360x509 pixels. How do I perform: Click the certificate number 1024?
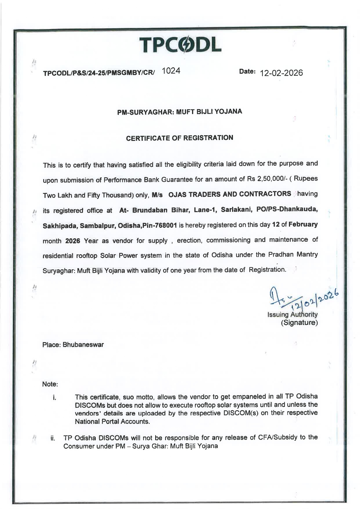[x=171, y=71]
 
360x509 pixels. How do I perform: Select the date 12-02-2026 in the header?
[x=281, y=73]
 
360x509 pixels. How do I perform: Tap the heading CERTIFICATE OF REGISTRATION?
[x=180, y=138]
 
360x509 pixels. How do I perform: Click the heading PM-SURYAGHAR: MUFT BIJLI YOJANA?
[x=180, y=112]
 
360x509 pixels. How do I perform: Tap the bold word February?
[x=303, y=225]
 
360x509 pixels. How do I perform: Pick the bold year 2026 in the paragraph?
[x=73, y=241]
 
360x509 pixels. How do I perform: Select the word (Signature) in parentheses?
[x=299, y=322]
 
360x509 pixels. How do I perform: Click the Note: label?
[x=50, y=384]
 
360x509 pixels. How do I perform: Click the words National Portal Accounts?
[x=112, y=422]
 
